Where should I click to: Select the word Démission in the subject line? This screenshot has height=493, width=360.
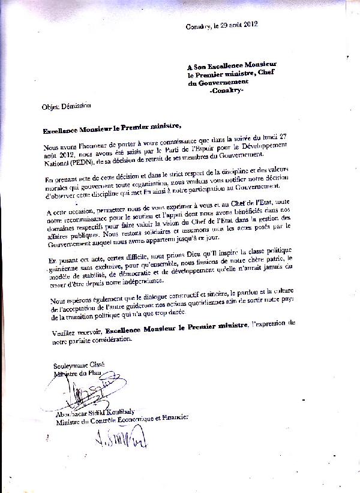(x=75, y=106)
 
